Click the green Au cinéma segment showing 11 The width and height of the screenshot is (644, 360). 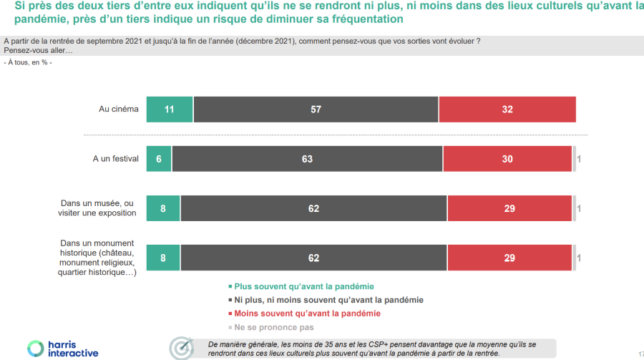pyautogui.click(x=170, y=110)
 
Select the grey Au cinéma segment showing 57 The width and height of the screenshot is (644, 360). pyautogui.click(x=316, y=110)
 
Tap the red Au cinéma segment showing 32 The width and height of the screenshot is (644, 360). pyautogui.click(x=507, y=110)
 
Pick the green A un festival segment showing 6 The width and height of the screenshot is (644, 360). pyautogui.click(x=159, y=159)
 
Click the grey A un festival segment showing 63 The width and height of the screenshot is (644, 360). pyautogui.click(x=307, y=159)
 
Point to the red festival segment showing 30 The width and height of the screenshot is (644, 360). pyautogui.click(x=507, y=159)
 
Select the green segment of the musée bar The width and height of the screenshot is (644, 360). pyautogui.click(x=163, y=208)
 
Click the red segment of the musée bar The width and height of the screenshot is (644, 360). pyautogui.click(x=509, y=208)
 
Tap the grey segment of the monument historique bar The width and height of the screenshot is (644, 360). pyautogui.click(x=313, y=258)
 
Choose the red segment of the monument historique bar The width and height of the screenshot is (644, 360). pyautogui.click(x=509, y=258)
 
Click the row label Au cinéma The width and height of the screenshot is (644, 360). pyautogui.click(x=118, y=110)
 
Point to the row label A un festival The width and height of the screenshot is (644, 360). pyautogui.click(x=115, y=159)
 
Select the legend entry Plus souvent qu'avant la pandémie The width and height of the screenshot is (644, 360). pyautogui.click(x=304, y=286)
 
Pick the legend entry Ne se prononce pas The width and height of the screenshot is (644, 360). pyautogui.click(x=273, y=327)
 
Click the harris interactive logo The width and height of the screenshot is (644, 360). pyautogui.click(x=63, y=349)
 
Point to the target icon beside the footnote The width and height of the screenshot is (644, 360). pyautogui.click(x=181, y=348)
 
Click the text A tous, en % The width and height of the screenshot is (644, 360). pyautogui.click(x=28, y=62)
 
